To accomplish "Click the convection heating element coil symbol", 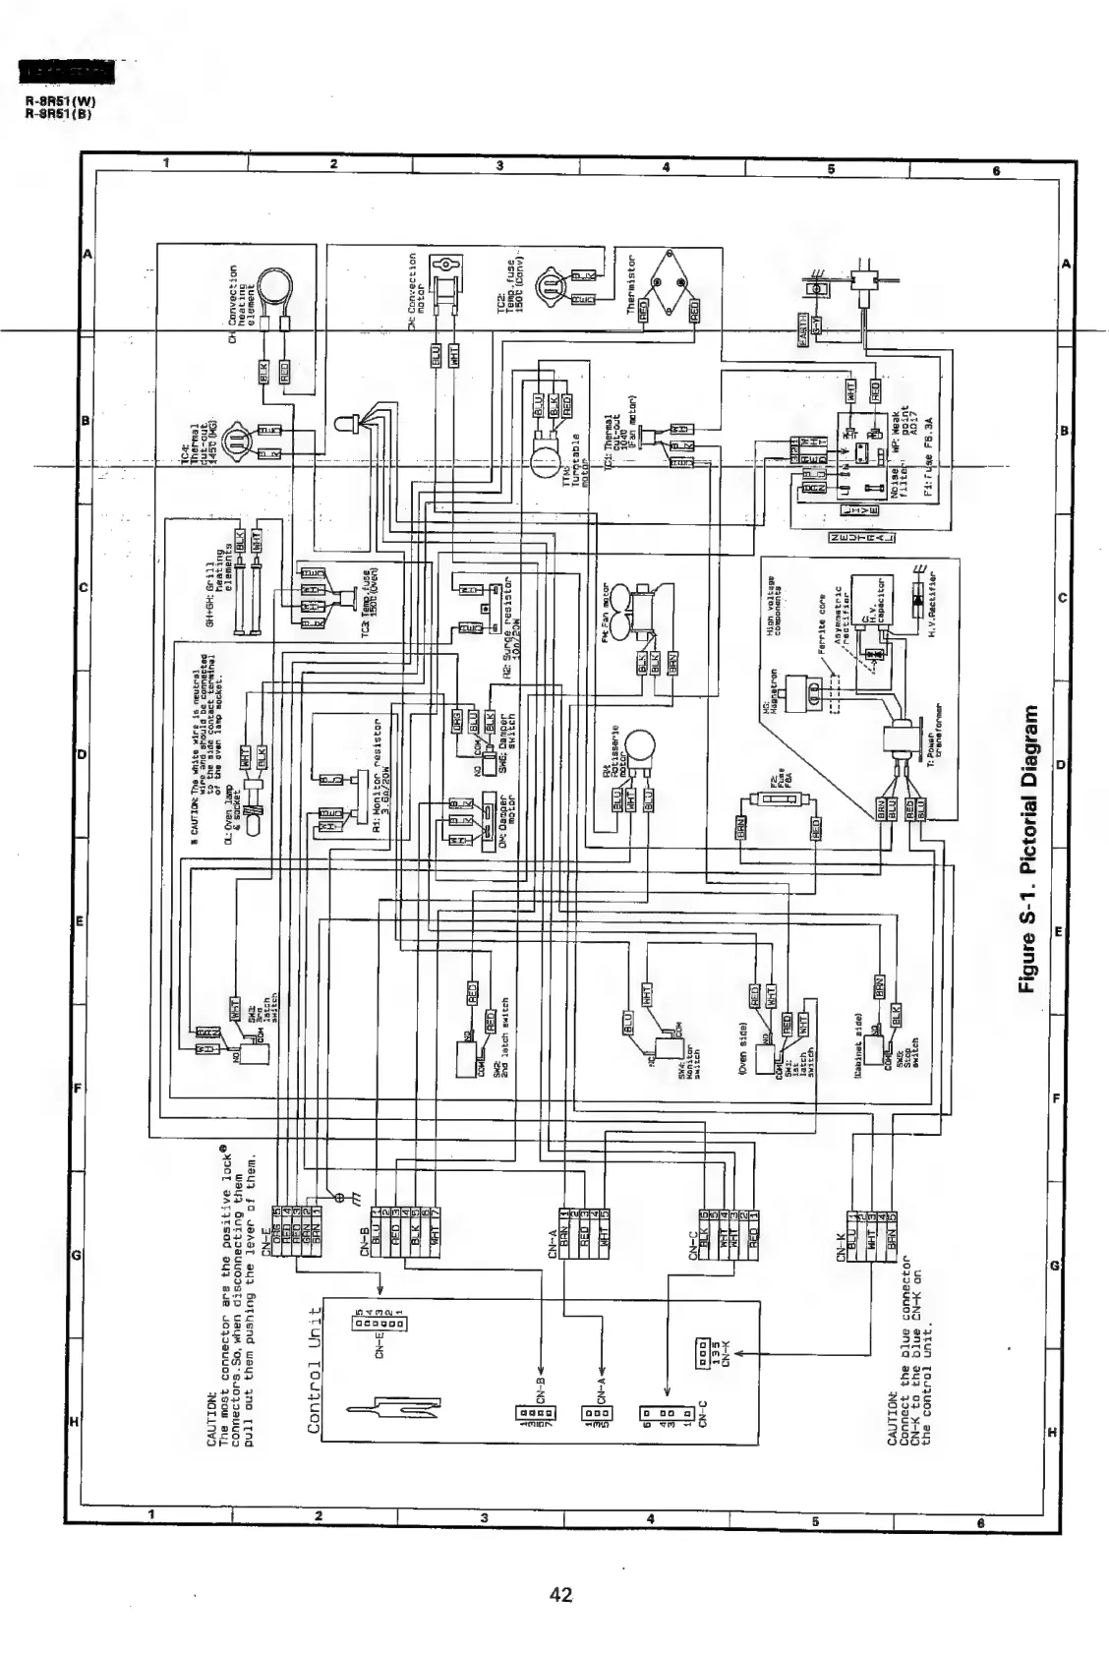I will point(274,288).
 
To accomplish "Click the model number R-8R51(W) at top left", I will point(60,100).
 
